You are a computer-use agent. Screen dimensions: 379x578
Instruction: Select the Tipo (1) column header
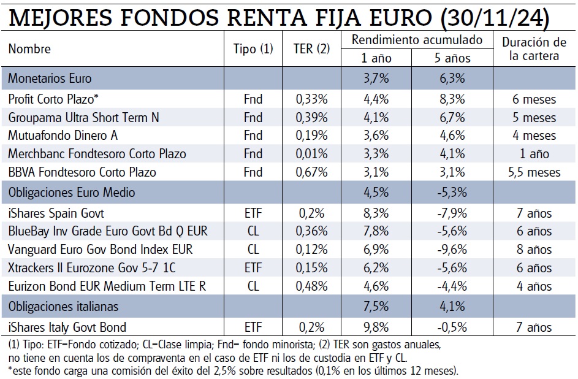click(253, 49)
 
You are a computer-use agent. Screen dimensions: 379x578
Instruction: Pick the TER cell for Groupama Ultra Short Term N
click(312, 117)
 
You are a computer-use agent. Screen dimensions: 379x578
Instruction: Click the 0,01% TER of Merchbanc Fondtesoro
click(312, 154)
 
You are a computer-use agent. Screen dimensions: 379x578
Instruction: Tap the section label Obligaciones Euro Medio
click(72, 193)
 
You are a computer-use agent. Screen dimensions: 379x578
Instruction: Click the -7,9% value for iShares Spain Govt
click(452, 213)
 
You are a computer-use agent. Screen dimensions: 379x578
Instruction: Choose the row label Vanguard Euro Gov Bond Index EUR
click(101, 250)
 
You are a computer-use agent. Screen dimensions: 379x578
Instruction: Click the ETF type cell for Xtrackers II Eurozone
click(253, 268)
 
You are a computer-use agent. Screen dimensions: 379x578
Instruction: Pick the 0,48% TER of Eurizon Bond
click(312, 286)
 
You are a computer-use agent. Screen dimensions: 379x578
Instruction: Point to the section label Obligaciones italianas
click(63, 306)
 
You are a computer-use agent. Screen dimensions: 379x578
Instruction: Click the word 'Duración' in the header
click(526, 42)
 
